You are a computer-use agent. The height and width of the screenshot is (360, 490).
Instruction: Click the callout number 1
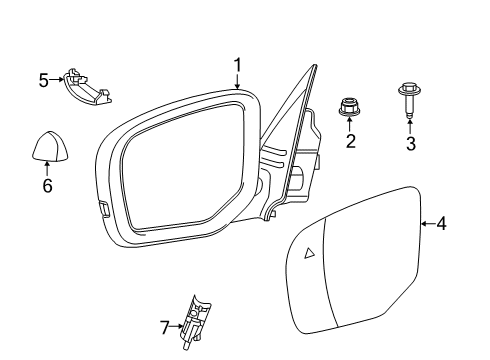point(238,65)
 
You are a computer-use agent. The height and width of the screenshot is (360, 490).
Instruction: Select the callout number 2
point(351,142)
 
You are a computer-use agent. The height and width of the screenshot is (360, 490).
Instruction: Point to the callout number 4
point(441,224)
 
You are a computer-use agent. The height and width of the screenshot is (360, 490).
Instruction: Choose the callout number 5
point(44,79)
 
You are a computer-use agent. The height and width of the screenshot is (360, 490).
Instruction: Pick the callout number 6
point(46,186)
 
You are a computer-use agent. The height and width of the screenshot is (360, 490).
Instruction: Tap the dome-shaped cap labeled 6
point(46,146)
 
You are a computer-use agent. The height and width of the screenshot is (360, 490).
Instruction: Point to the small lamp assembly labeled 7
point(194,322)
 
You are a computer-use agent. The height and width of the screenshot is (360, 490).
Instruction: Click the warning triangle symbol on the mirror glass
point(310,253)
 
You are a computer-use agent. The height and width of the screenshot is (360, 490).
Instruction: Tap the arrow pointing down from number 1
point(238,81)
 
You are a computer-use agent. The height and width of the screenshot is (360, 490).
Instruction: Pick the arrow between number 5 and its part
point(56,79)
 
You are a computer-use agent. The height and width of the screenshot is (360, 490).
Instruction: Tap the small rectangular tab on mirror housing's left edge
point(104,207)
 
